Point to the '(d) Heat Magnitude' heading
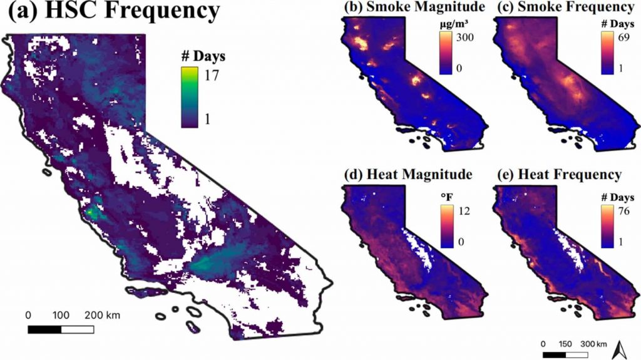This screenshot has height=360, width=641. click(x=405, y=173)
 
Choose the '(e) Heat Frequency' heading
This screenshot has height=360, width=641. click(x=559, y=173)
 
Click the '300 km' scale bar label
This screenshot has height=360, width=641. click(x=593, y=344)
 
